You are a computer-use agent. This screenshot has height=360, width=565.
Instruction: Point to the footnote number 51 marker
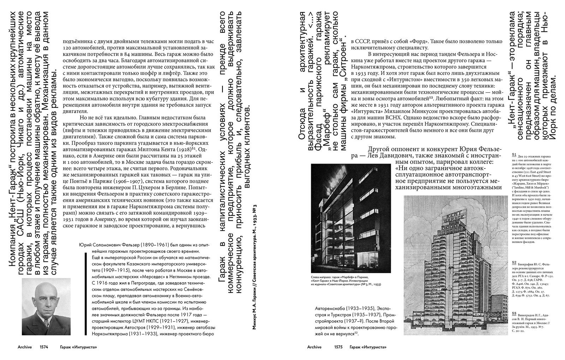point(514,155)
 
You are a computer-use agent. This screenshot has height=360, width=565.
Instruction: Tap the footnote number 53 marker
point(514,313)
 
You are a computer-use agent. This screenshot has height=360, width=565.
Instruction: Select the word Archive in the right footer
point(314,347)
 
